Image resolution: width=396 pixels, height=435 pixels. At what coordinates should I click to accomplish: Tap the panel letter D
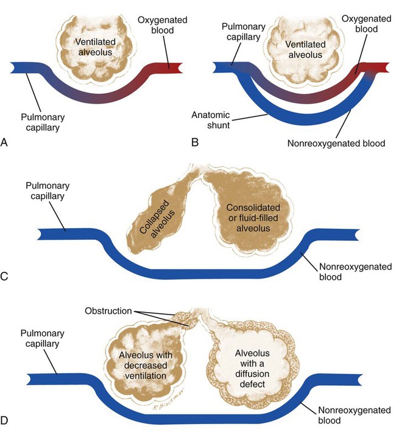[6, 419]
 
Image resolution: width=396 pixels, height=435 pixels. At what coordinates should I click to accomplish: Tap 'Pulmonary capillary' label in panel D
[44, 338]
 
